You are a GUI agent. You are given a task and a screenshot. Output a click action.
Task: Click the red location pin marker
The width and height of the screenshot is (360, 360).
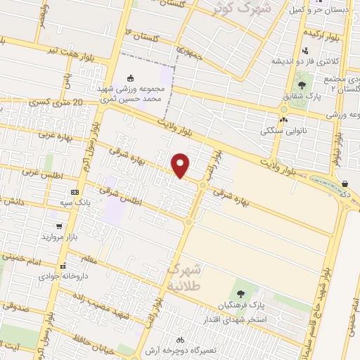click(182, 165)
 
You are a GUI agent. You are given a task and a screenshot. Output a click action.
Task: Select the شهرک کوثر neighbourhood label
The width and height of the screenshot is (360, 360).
click(235, 9)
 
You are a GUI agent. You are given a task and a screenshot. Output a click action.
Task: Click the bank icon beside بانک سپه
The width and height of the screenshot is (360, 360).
click(75, 192)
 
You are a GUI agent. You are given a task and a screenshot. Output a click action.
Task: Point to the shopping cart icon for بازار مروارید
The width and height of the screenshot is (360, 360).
click(59, 227)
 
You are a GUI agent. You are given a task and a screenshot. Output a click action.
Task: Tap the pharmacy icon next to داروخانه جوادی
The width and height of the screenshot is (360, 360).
click(63, 266)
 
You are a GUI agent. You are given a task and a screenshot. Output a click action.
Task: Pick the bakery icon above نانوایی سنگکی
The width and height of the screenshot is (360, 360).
click(283, 120)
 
